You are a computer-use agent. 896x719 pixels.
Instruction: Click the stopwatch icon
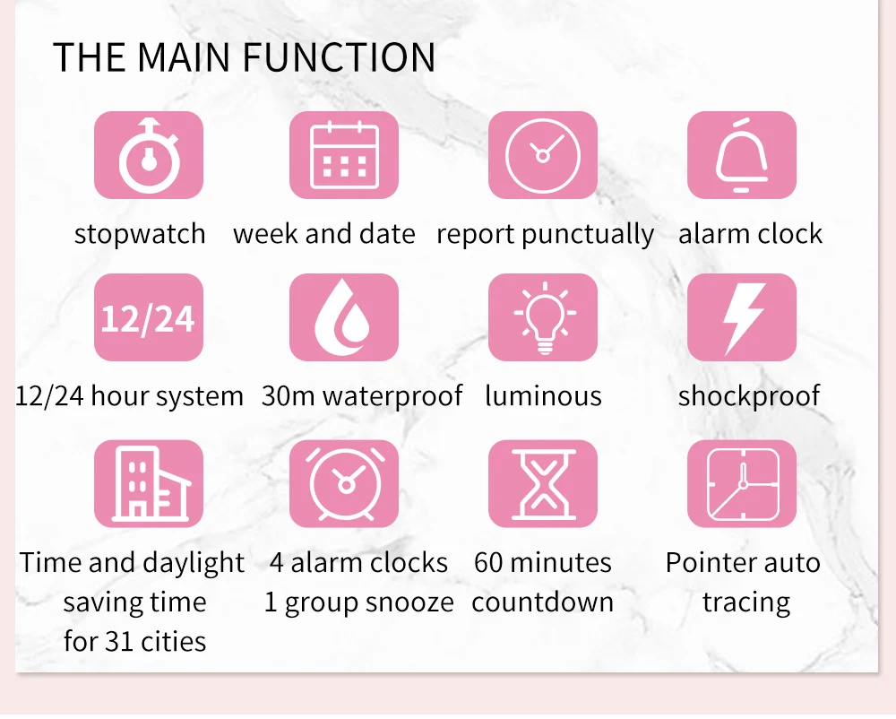pyautogui.click(x=149, y=155)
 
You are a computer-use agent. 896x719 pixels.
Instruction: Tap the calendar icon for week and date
pyautogui.click(x=344, y=155)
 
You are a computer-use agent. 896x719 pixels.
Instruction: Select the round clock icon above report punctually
pyautogui.click(x=543, y=155)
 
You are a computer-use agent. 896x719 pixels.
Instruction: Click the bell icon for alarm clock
pyautogui.click(x=742, y=155)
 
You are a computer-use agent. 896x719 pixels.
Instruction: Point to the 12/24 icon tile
pyautogui.click(x=149, y=317)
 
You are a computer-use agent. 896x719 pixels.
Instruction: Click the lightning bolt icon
pyautogui.click(x=742, y=317)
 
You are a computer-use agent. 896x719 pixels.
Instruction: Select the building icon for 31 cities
pyautogui.click(x=149, y=483)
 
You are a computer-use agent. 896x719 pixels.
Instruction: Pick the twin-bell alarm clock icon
pyautogui.click(x=344, y=483)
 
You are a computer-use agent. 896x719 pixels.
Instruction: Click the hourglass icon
pyautogui.click(x=543, y=483)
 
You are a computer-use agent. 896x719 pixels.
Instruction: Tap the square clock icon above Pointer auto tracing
pyautogui.click(x=742, y=483)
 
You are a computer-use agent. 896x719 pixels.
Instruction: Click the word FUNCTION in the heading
pyautogui.click(x=339, y=57)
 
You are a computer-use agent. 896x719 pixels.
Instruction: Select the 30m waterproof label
pyautogui.click(x=362, y=396)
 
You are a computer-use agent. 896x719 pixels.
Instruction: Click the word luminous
pyautogui.click(x=544, y=395)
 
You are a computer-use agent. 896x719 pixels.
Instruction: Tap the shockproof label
pyautogui.click(x=749, y=396)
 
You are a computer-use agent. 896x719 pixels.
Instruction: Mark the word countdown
pyautogui.click(x=543, y=602)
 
